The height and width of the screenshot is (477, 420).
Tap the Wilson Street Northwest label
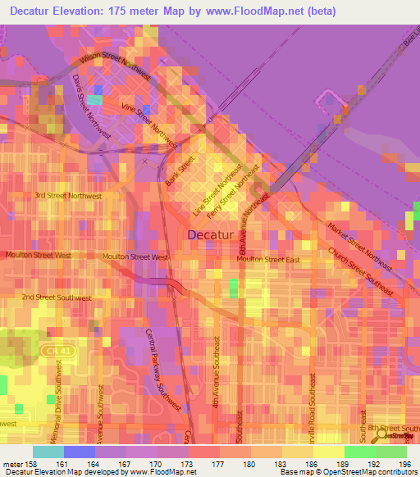pos(115,66)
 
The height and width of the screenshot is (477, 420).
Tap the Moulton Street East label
pos(270,259)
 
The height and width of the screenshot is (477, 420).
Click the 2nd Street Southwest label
pos(57,298)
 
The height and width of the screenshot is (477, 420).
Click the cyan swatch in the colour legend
pos(48,452)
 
